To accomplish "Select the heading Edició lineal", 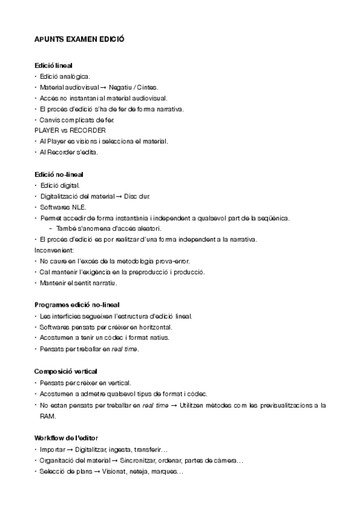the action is (x=54, y=65).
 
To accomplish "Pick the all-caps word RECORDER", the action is (x=88, y=131).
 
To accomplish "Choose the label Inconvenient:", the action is (x=54, y=250).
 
